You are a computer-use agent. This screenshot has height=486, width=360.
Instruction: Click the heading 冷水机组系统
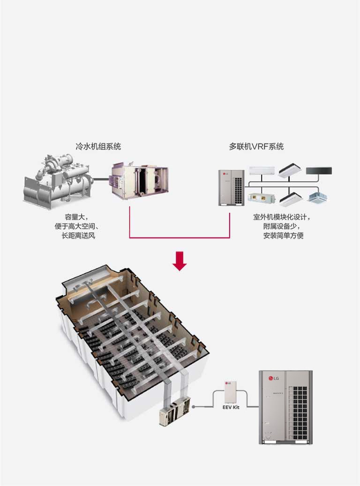click(98, 146)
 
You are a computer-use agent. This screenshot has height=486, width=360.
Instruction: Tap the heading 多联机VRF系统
click(256, 146)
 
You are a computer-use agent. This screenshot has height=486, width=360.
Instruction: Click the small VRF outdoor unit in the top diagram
click(232, 187)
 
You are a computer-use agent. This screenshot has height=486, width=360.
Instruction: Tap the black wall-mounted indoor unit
click(319, 171)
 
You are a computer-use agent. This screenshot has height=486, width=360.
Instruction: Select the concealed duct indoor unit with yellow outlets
click(261, 199)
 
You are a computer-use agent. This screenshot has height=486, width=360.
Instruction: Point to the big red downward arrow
click(180, 261)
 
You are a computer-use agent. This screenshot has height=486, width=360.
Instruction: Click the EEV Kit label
click(231, 408)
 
